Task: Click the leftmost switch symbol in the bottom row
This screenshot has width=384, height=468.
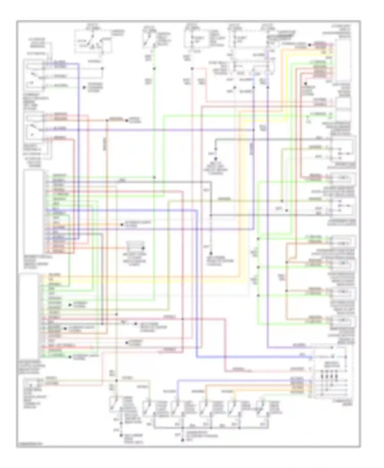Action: [x=114, y=404]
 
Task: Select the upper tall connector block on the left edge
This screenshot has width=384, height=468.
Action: [x=33, y=211]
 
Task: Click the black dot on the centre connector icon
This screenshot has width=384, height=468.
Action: [x=143, y=248]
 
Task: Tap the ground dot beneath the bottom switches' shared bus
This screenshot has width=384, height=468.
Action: [x=183, y=440]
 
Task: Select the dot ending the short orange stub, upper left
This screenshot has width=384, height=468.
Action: [x=126, y=120]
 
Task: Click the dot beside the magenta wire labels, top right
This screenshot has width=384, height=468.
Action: [x=310, y=45]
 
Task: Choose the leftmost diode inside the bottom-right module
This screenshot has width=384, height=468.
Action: [x=321, y=377]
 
